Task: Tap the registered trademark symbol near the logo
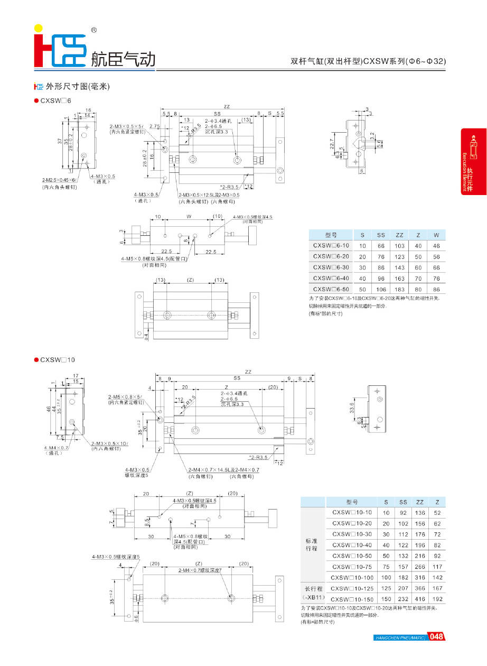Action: (x=94, y=31)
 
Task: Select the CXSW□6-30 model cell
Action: (x=331, y=267)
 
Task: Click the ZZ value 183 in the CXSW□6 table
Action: (x=399, y=289)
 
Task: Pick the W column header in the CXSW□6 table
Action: (x=436, y=235)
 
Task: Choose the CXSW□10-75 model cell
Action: (x=352, y=566)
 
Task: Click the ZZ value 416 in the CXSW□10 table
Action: (x=420, y=599)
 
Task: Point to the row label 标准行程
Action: (x=312, y=544)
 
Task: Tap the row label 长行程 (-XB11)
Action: (x=312, y=593)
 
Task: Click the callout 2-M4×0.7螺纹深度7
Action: (x=200, y=570)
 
